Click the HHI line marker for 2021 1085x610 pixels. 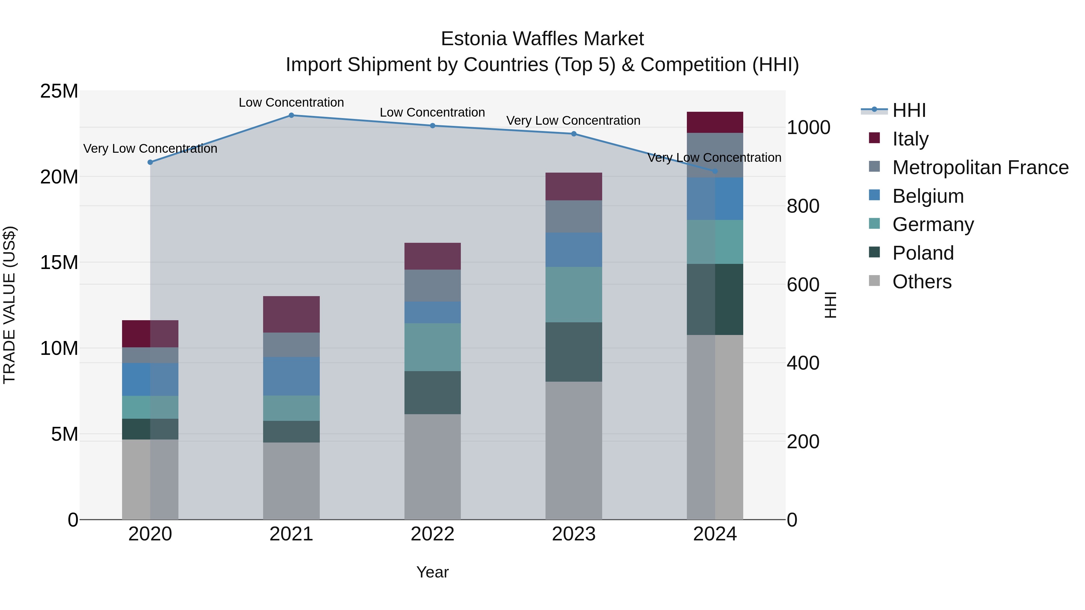291,115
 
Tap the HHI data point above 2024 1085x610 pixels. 715,171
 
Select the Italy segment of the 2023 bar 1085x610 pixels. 574,186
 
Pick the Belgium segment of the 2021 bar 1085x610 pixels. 291,376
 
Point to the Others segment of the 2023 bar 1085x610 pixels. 574,450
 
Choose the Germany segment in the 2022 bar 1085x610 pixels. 432,347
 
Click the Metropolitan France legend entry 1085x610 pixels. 980,167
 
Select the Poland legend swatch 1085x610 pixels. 874,253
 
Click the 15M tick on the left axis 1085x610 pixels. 59,262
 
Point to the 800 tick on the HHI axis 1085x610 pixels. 803,206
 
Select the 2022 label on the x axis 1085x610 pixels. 432,534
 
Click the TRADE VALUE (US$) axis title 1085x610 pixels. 10,305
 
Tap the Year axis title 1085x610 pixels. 432,572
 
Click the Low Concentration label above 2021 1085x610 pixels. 291,102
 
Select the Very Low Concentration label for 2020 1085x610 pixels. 150,149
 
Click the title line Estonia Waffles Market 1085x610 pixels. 542,39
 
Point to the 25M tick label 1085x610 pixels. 59,91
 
